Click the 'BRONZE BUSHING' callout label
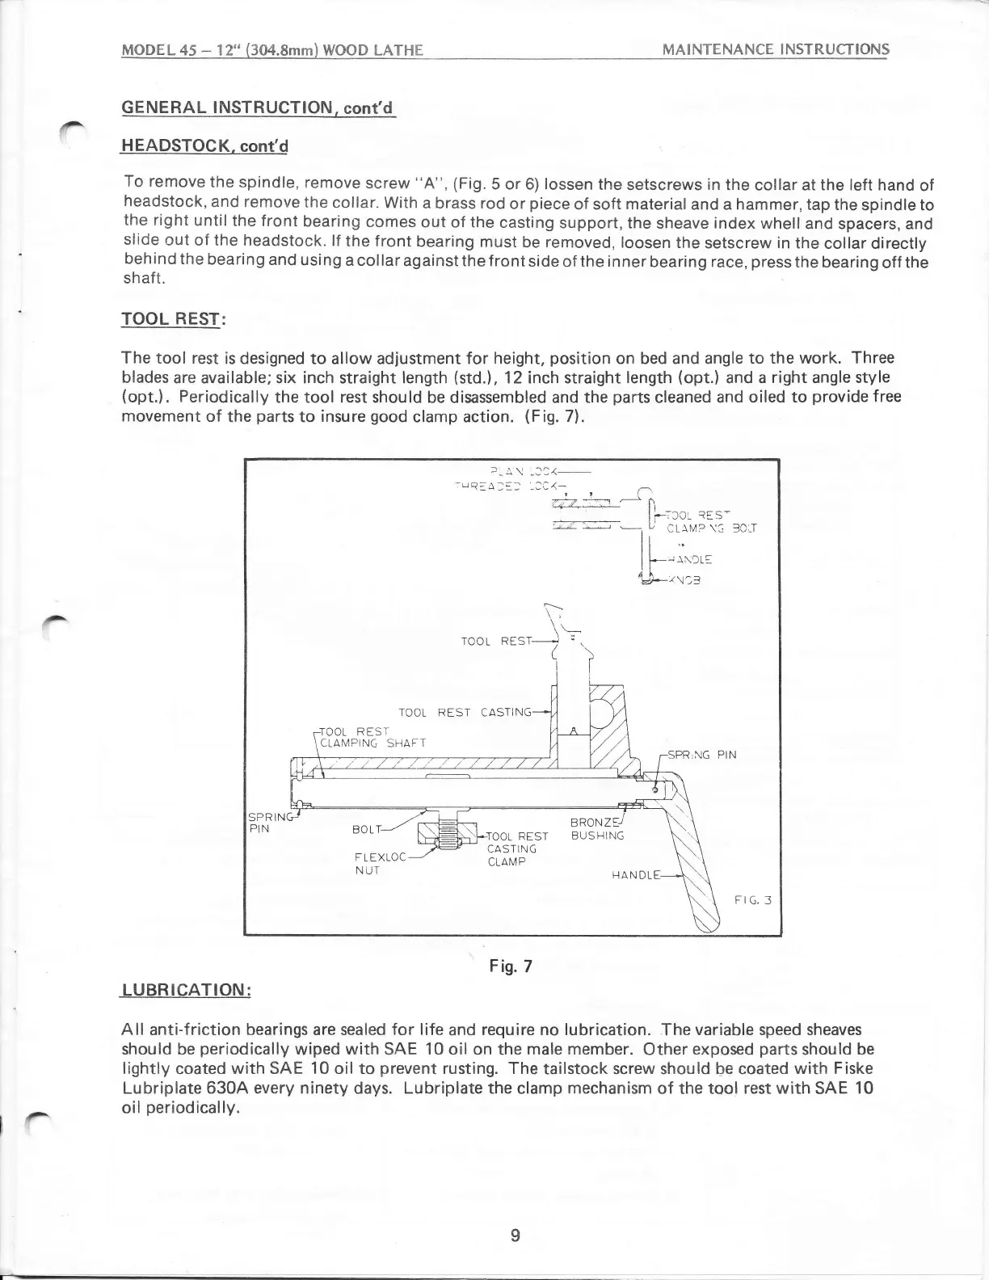pyautogui.click(x=597, y=828)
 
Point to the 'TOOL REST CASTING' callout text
pyautogui.click(x=465, y=713)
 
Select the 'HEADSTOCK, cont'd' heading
pyautogui.click(x=203, y=146)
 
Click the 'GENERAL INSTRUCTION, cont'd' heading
pyautogui.click(x=257, y=107)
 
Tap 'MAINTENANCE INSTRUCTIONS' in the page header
pyautogui.click(x=775, y=49)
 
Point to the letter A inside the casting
pyautogui.click(x=573, y=731)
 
